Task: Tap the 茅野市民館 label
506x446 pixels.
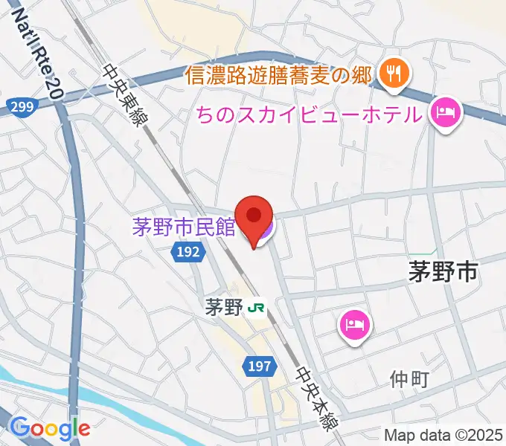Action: [x=184, y=227]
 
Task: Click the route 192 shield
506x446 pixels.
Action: [x=188, y=253]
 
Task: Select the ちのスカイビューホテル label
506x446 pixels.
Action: [x=308, y=115]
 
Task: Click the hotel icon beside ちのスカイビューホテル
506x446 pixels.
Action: [x=446, y=113]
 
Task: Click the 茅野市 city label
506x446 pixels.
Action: [x=443, y=272]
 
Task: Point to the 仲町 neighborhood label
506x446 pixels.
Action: [x=409, y=380]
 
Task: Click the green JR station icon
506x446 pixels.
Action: [x=257, y=306]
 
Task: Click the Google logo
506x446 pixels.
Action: [x=50, y=428]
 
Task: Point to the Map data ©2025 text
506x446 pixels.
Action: [x=443, y=434]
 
